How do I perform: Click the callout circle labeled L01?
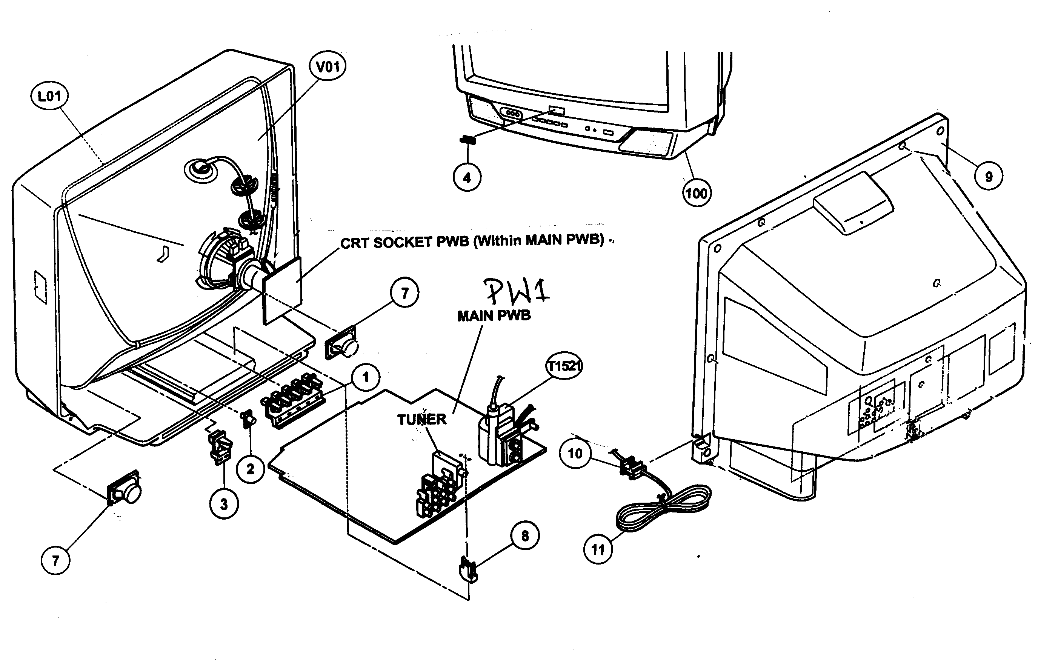point(49,96)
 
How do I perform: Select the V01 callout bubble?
point(328,67)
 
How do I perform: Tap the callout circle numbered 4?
point(467,178)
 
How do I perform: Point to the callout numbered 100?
point(697,193)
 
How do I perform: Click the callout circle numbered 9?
point(989,176)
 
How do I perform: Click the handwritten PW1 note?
point(518,291)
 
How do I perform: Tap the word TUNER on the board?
point(421,420)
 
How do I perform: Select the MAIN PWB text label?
point(494,315)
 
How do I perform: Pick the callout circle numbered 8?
point(524,535)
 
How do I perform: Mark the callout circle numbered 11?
point(598,549)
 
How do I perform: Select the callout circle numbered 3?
point(224,505)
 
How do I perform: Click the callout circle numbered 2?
point(250,469)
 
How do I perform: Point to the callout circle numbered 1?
point(366,377)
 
